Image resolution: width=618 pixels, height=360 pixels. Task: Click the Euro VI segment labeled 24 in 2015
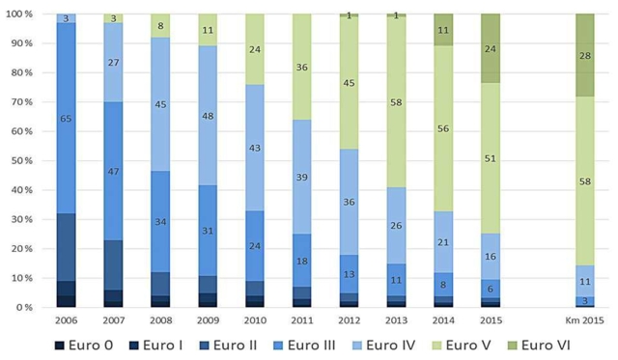pyautogui.click(x=492, y=48)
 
